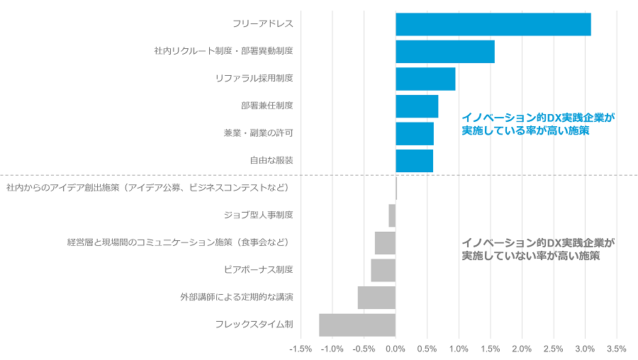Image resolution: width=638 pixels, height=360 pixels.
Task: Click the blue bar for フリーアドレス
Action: coord(493,24)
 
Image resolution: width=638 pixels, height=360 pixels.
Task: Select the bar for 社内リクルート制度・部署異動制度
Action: coord(444,52)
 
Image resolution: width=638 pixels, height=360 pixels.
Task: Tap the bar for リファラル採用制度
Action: coord(425,79)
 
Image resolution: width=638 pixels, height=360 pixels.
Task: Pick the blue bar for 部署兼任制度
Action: coord(416,106)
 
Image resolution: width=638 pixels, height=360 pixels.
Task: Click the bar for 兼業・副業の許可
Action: coord(414,133)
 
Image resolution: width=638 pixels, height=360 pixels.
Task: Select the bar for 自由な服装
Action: coord(414,161)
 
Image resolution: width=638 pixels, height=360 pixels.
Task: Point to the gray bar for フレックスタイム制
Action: coord(357,325)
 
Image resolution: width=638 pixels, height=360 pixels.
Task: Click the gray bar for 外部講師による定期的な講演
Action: coord(376,298)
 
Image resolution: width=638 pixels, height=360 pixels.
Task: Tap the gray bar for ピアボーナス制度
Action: coord(383,270)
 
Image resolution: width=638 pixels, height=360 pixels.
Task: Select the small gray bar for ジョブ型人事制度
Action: coord(392,215)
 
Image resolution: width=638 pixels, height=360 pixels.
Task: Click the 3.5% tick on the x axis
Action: coord(616,349)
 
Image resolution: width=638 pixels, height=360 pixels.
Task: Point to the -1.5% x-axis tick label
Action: coord(301,349)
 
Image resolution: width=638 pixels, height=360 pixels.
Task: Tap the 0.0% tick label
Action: coord(396,349)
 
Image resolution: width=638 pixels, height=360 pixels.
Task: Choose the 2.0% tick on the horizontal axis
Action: coord(522,349)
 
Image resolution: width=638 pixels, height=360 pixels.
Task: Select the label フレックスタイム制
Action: coord(254,325)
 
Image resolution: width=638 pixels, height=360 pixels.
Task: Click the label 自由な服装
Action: coord(271,161)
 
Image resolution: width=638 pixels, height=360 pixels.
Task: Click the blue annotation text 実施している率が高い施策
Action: coord(525,131)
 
